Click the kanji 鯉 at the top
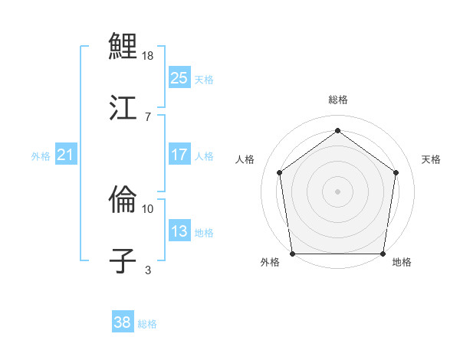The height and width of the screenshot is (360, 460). (x=123, y=47)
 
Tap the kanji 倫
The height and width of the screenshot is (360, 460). (x=123, y=200)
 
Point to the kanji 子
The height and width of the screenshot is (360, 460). (x=123, y=260)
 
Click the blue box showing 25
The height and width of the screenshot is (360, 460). (x=179, y=78)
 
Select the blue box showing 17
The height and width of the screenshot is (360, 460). (x=179, y=155)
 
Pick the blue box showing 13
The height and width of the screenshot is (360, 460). (x=179, y=231)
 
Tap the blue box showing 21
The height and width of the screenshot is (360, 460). (x=66, y=155)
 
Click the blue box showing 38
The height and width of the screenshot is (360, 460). (x=122, y=322)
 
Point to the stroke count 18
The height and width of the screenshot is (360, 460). (x=149, y=56)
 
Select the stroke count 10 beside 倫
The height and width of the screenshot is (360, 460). (x=148, y=208)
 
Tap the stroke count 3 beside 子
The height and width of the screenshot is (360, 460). (x=147, y=270)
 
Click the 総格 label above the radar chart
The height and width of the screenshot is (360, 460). (x=337, y=100)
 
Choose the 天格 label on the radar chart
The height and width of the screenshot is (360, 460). (x=431, y=159)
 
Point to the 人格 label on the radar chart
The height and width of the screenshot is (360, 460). (x=245, y=159)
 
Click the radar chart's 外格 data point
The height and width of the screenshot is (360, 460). (x=292, y=254)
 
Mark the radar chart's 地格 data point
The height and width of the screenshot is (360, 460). (x=383, y=254)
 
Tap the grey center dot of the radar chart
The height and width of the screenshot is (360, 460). (x=337, y=191)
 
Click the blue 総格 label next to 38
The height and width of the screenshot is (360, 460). (x=147, y=324)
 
